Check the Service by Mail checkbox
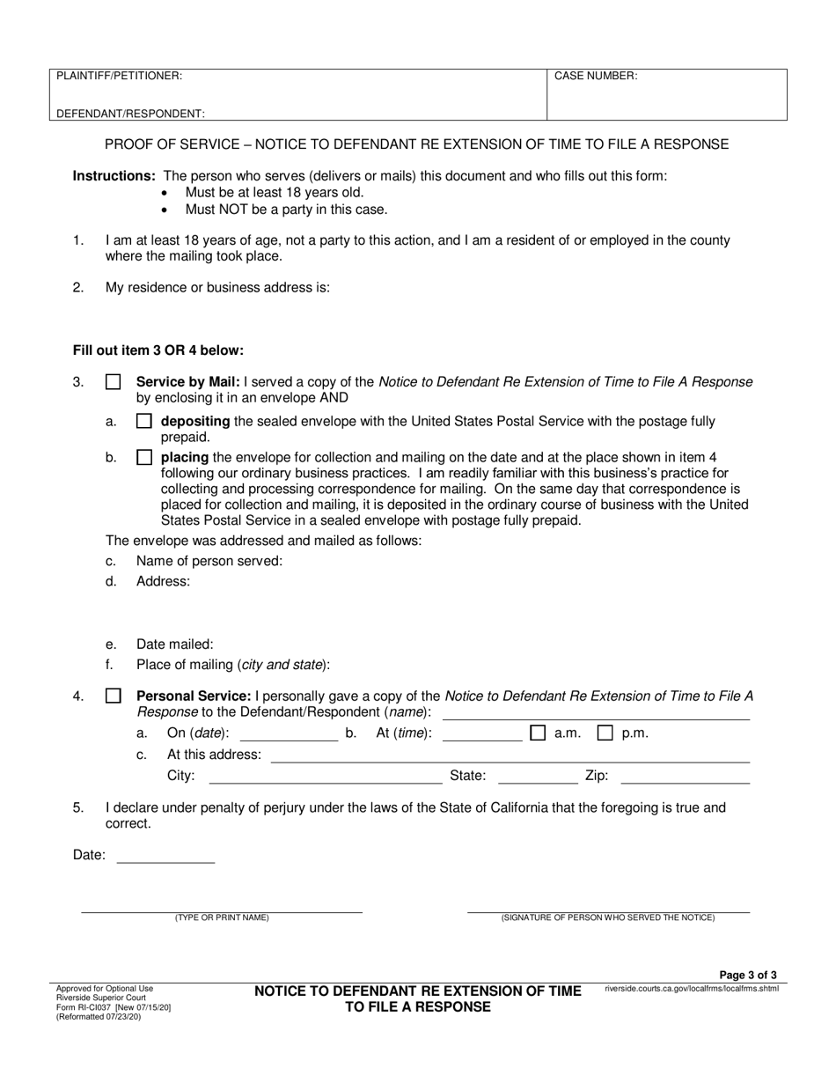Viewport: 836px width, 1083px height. pos(114,383)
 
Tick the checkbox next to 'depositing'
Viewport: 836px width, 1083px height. pos(144,422)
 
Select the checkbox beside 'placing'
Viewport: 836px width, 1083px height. pos(144,458)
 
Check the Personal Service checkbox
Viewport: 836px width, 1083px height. pos(114,696)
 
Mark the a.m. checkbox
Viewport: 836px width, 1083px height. pos(538,733)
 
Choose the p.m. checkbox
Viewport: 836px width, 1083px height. pos(605,733)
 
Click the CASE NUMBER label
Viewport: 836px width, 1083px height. pos(596,77)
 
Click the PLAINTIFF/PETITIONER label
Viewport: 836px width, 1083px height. pos(120,77)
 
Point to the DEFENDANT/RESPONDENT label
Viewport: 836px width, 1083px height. pos(131,114)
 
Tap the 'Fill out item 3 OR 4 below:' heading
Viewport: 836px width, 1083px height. pos(158,350)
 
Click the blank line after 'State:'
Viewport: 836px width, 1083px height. pos(538,777)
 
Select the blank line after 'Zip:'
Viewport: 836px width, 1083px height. pos(686,777)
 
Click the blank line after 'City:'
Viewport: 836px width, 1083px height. pos(326,777)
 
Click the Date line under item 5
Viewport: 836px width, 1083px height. pos(165,856)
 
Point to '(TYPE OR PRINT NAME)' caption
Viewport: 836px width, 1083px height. pos(222,917)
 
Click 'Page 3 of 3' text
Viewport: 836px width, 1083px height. pos(748,975)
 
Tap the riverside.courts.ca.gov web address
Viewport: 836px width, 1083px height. pos(692,989)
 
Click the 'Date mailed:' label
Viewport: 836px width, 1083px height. pos(174,645)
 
